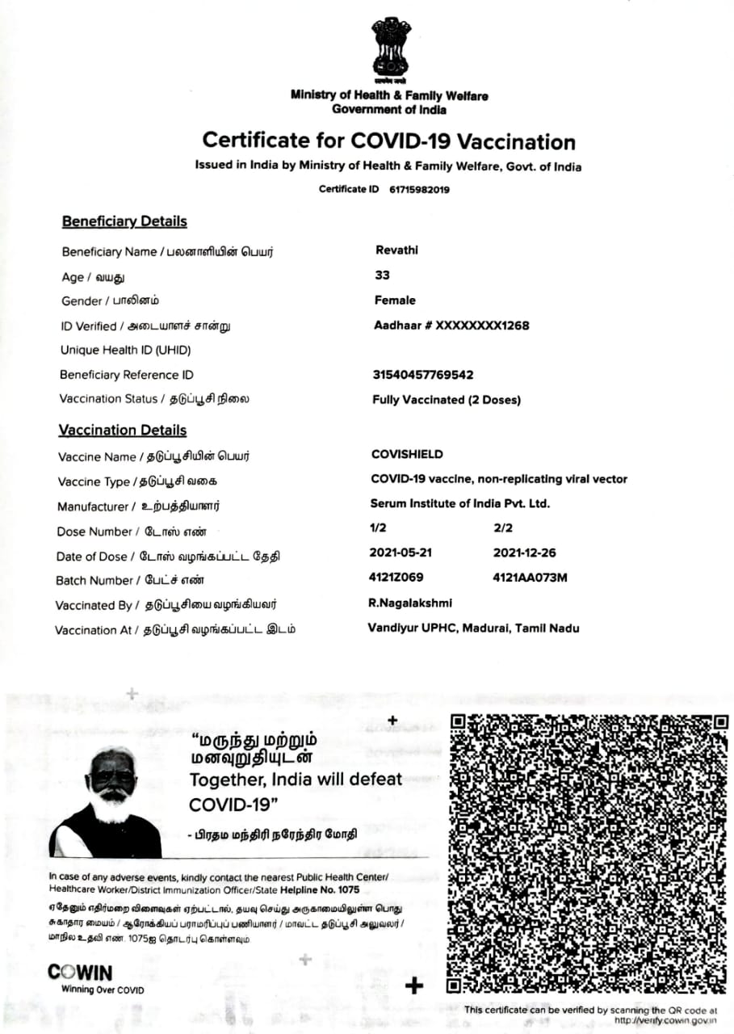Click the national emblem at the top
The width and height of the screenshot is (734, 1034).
(390, 49)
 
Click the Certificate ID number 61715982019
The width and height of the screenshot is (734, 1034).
(413, 189)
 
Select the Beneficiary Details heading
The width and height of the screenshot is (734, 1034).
(124, 221)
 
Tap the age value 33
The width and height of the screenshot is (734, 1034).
(383, 275)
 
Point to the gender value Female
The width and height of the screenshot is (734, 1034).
(395, 300)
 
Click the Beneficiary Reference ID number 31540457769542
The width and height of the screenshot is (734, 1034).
(422, 375)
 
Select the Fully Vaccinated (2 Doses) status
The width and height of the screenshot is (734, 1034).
(447, 400)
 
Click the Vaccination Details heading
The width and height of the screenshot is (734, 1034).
(122, 431)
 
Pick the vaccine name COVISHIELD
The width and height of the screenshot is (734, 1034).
(407, 454)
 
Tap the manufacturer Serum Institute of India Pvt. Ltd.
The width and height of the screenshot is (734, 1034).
(459, 503)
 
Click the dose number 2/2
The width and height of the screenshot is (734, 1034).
(503, 528)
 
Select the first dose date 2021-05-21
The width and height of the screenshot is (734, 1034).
(400, 553)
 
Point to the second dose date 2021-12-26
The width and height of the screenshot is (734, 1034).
(524, 553)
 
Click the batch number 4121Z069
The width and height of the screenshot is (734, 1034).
(396, 578)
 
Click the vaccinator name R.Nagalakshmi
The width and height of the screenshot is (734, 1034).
(409, 603)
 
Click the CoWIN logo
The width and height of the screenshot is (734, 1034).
(80, 973)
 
